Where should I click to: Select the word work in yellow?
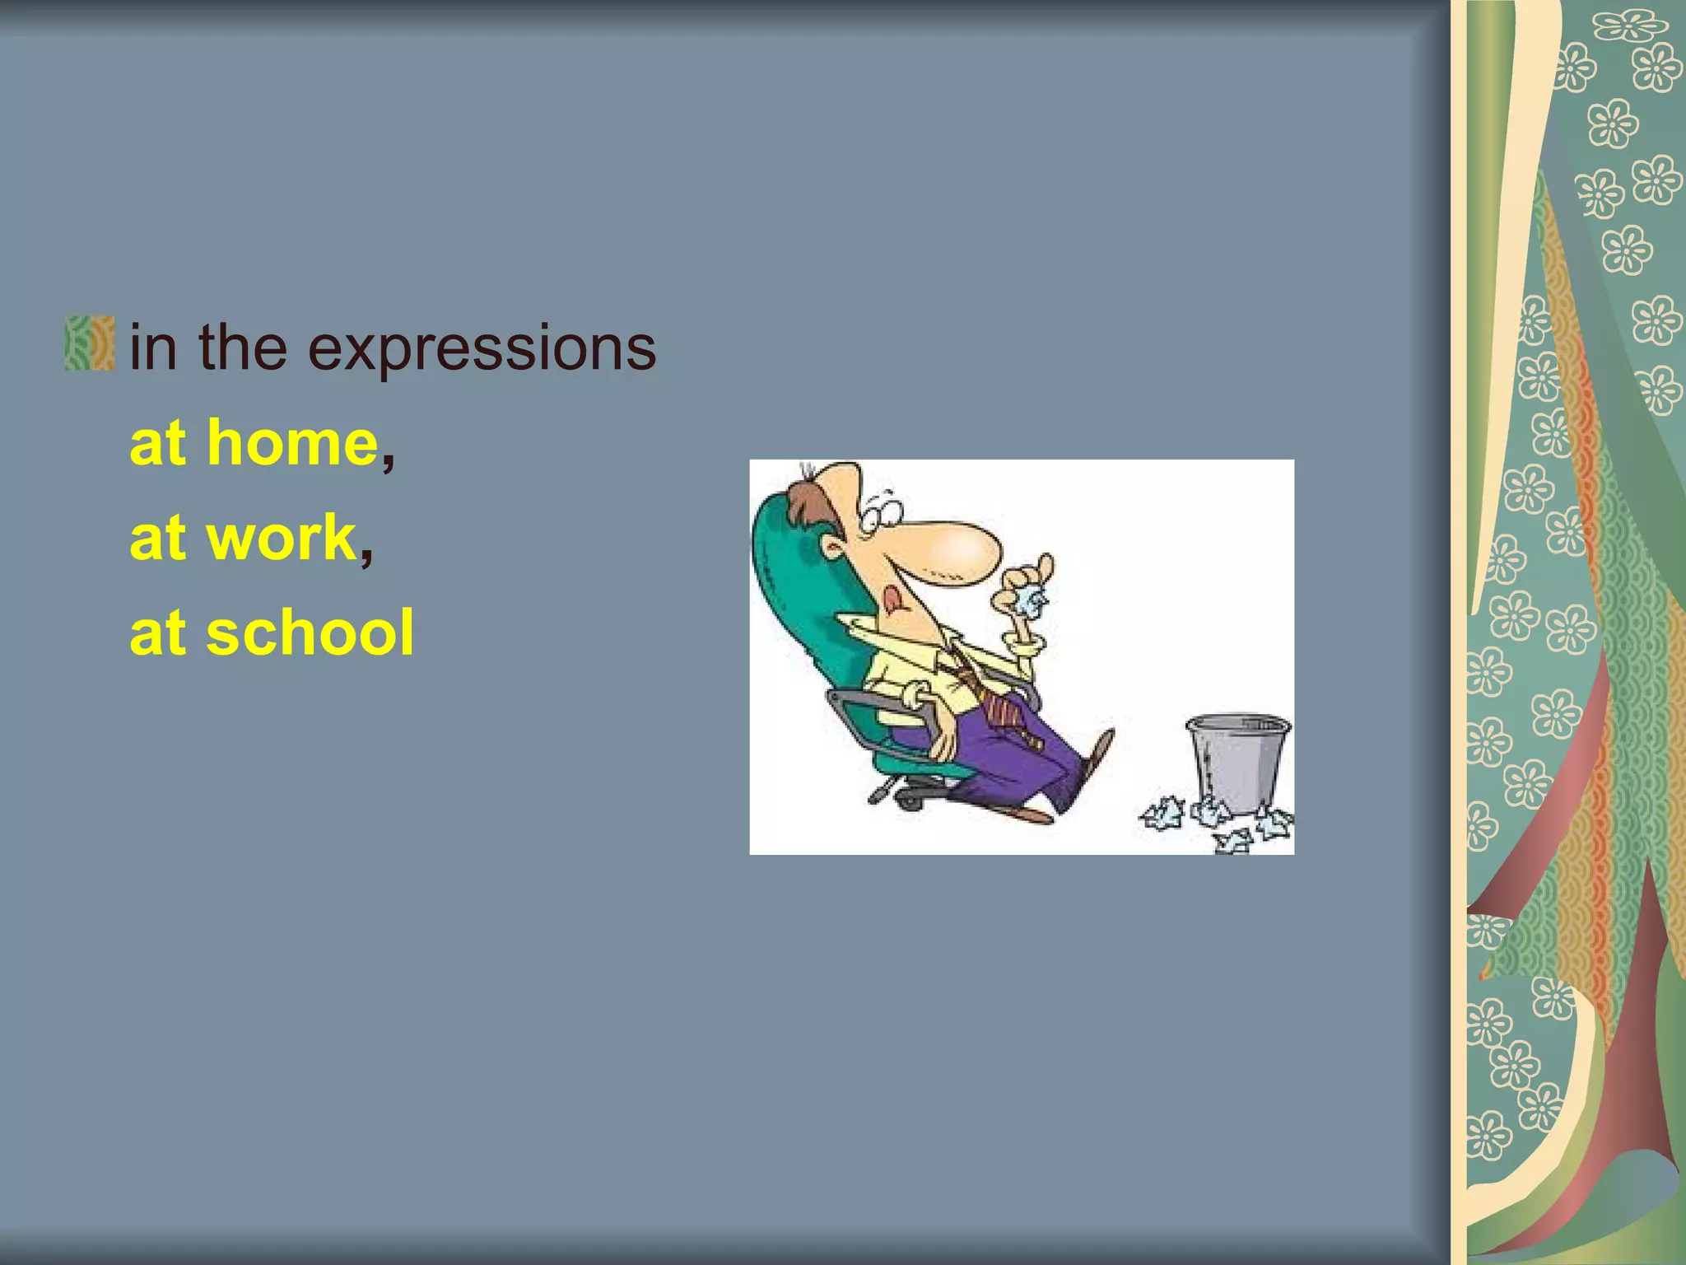point(281,539)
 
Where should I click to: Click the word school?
point(310,633)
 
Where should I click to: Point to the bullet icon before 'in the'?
point(89,343)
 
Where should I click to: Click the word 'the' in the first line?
point(242,348)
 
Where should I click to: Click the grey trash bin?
point(1237,763)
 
